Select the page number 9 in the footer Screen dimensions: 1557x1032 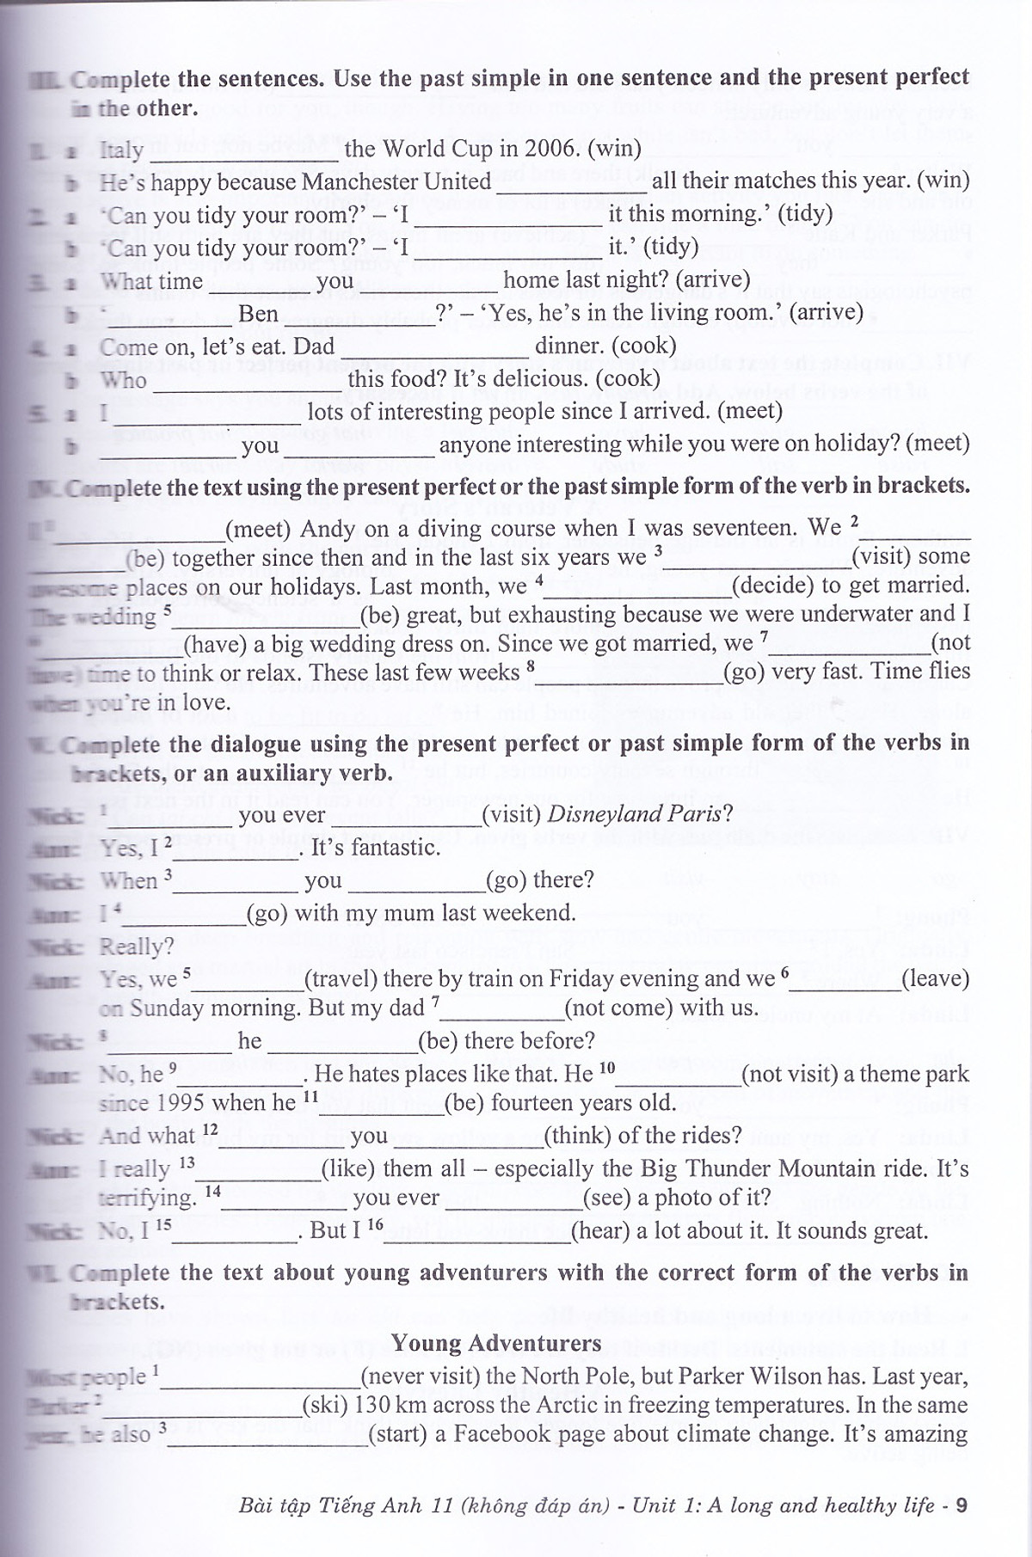coord(961,1505)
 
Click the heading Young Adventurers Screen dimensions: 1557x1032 coord(496,1342)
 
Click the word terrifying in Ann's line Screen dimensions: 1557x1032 coord(148,1198)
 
